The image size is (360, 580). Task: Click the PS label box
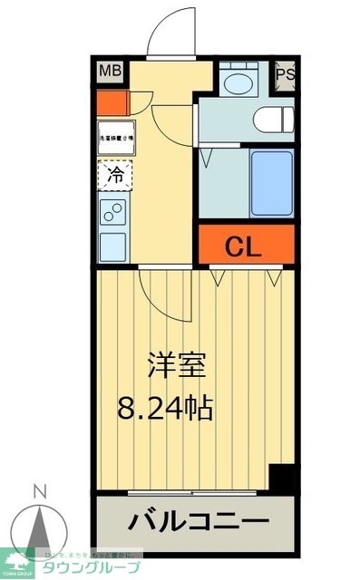285,74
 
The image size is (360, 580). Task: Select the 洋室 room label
178,367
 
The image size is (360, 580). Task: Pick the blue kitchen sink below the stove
114,246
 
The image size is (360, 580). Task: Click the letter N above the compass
39,492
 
